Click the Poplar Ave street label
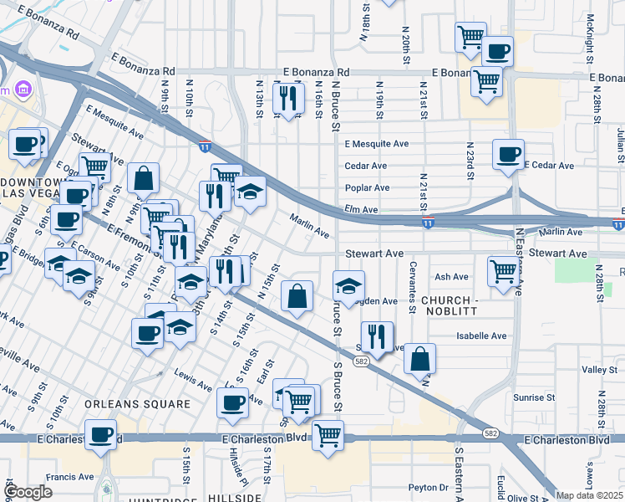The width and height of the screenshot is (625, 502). [x=368, y=188]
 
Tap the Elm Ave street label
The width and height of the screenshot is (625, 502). [x=362, y=210]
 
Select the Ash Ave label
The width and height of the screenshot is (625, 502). [x=451, y=277]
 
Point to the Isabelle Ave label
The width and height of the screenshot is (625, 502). [x=481, y=336]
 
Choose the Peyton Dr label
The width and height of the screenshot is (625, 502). [x=429, y=487]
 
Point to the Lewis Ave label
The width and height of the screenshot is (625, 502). [x=192, y=381]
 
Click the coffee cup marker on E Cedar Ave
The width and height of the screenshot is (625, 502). [x=508, y=155]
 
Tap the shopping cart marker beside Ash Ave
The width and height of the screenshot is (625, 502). [x=503, y=271]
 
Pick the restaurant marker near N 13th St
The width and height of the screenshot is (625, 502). [x=288, y=98]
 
